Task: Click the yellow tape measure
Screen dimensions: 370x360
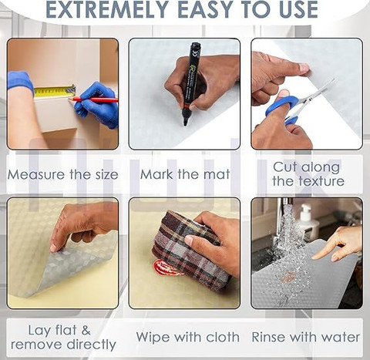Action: [55, 91]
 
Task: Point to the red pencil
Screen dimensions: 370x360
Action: [93, 99]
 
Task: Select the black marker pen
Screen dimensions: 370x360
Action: [190, 83]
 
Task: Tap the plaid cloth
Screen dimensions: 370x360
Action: [189, 247]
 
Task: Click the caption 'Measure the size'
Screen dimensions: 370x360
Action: [63, 174]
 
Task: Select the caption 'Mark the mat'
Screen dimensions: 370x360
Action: [185, 174]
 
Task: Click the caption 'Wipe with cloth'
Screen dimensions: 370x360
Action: [188, 337]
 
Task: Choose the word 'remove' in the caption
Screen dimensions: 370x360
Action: [35, 345]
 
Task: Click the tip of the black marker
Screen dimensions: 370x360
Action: [185, 124]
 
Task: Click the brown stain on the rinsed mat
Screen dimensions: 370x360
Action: [288, 277]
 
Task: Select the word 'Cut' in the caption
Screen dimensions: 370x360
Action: [285, 167]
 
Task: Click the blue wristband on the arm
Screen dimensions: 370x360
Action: [20, 82]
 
